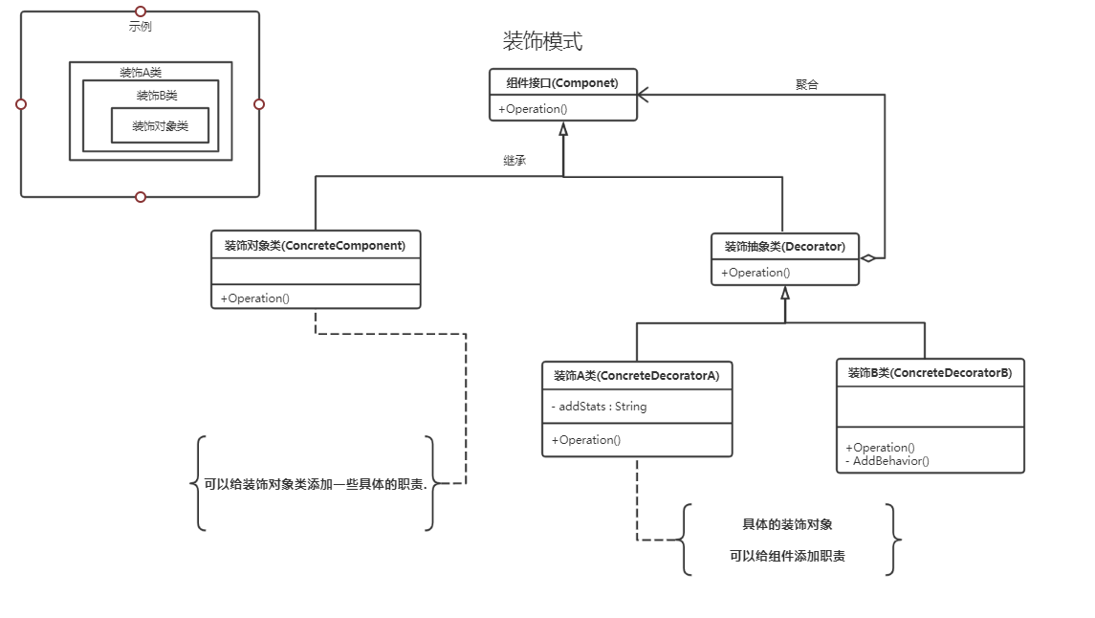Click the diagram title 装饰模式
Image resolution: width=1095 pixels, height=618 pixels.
point(542,41)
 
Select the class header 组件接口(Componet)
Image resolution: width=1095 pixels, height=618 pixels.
point(562,83)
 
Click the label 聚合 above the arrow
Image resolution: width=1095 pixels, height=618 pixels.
point(807,84)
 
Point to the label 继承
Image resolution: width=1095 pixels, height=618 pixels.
point(515,161)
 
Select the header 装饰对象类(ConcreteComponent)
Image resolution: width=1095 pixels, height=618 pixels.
point(315,246)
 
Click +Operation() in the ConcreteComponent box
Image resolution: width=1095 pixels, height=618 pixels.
point(255,298)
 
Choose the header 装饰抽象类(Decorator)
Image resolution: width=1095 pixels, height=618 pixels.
point(784,247)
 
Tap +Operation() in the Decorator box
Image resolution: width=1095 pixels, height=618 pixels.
point(756,273)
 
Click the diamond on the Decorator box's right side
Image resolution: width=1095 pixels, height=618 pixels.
point(867,258)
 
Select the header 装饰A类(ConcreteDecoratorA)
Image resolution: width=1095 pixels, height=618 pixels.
point(636,376)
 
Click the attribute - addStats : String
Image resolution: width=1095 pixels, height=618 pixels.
point(600,407)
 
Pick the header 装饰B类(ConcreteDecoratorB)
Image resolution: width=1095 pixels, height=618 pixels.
point(930,373)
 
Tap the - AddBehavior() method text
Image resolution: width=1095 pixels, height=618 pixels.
point(887,461)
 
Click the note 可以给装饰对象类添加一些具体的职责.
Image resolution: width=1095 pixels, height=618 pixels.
point(316,484)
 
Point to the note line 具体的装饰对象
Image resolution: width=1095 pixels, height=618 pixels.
point(787,524)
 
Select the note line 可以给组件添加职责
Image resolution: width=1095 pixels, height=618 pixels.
point(787,556)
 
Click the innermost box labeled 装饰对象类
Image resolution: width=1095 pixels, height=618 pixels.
point(160,125)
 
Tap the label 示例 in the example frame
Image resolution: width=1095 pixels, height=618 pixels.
point(140,27)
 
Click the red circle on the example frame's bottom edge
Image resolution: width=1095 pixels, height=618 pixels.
point(141,197)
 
